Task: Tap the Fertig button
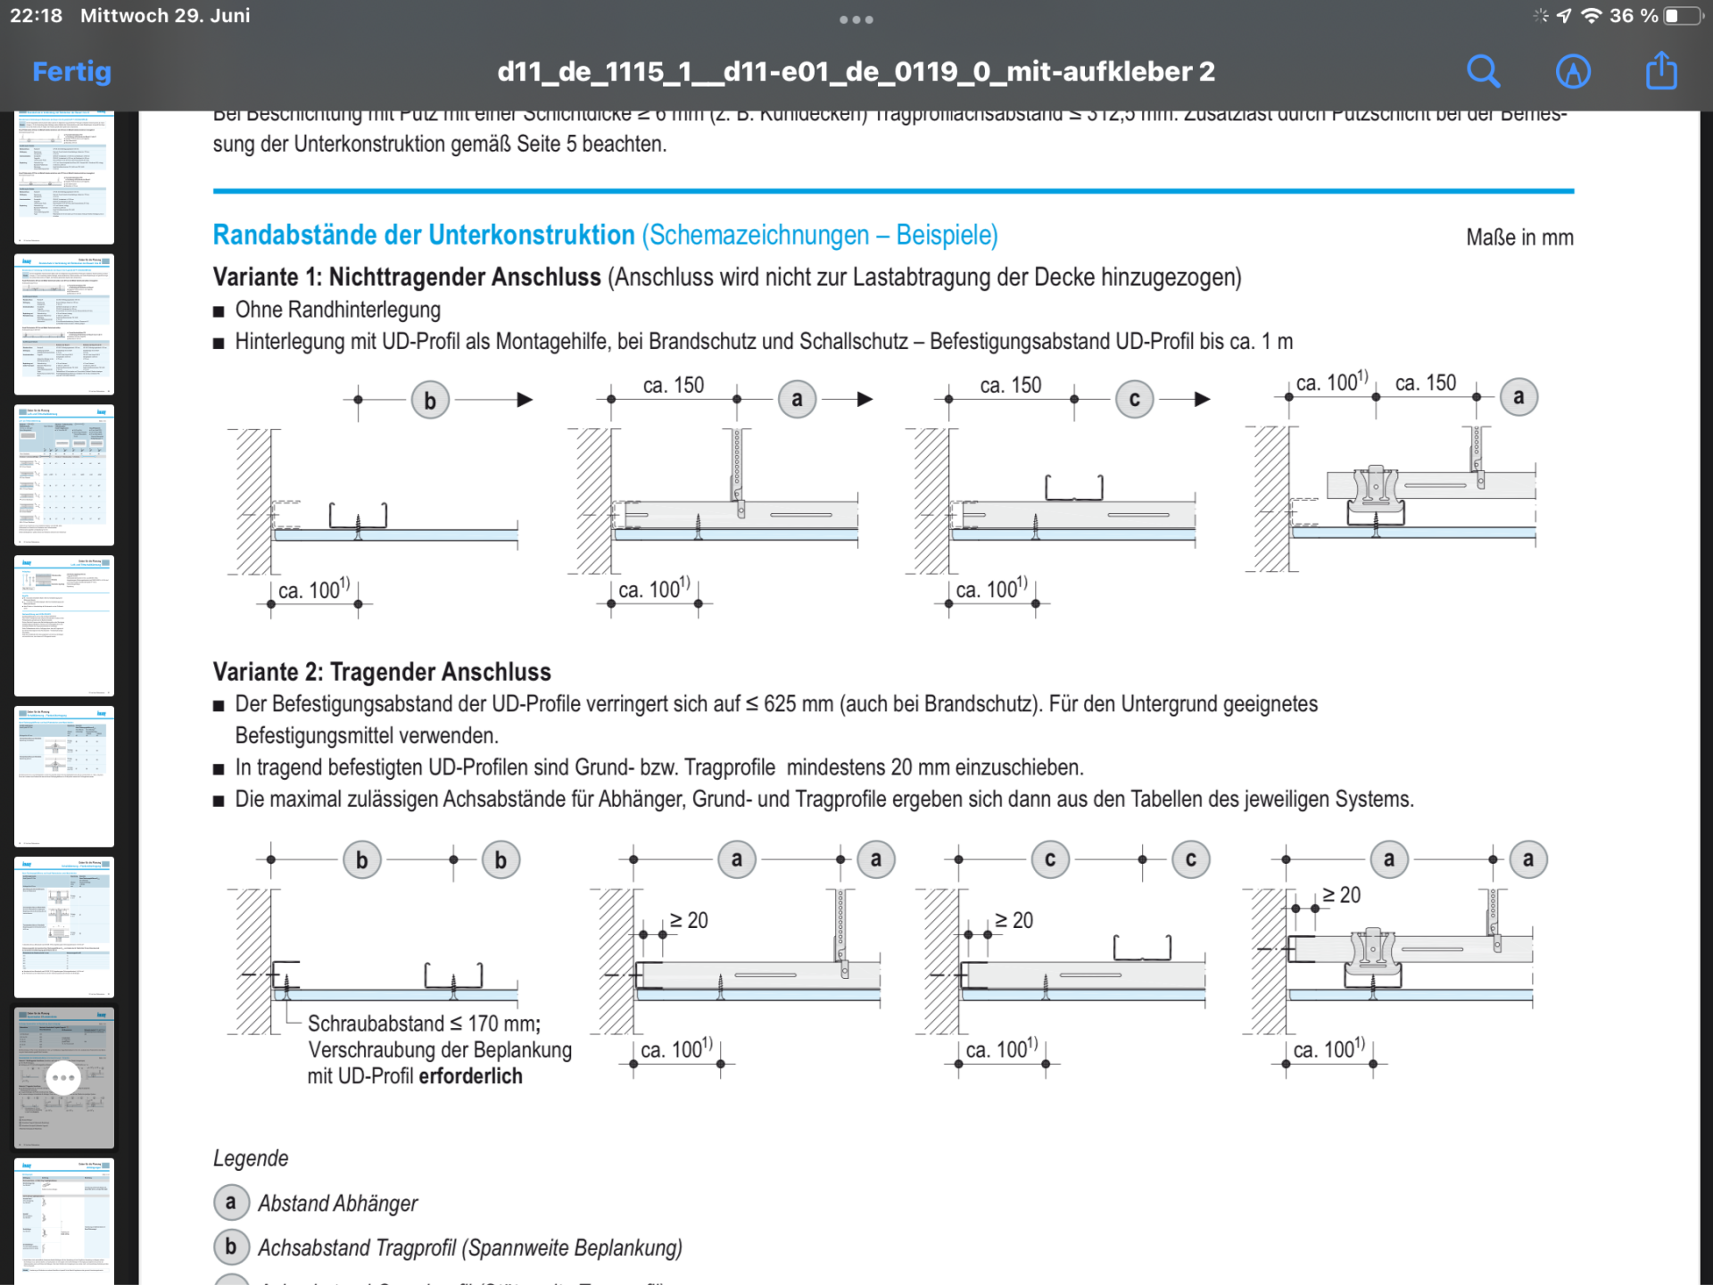point(71,71)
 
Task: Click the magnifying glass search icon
point(1483,71)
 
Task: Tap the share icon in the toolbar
point(1661,70)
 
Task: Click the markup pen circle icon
point(1573,71)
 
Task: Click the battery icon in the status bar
point(1683,16)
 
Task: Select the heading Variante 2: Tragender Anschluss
point(382,672)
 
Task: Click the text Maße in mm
point(1519,237)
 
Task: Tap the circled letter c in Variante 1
point(1134,400)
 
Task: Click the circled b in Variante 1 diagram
point(430,401)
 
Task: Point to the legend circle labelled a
point(231,1203)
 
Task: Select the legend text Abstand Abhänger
point(338,1204)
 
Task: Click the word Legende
point(251,1158)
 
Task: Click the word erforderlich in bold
point(470,1076)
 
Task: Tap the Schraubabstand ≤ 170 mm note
point(424,1024)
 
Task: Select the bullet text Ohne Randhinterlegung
point(338,310)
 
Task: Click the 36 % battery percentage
point(1633,16)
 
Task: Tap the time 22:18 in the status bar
point(37,16)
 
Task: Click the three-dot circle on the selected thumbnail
point(63,1077)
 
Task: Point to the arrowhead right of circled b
point(525,400)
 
